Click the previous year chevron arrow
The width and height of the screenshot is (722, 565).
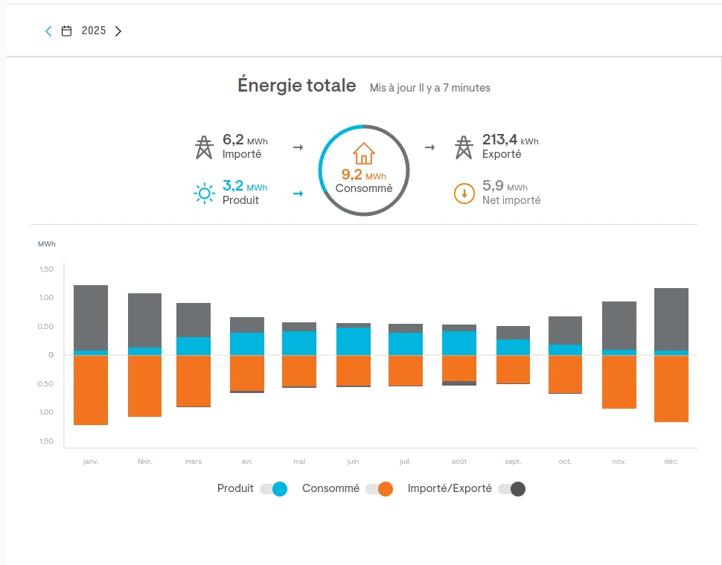tap(48, 31)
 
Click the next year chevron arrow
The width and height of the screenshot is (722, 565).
tap(118, 31)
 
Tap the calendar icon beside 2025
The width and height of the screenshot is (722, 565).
tap(67, 31)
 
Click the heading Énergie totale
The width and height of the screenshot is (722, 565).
tap(296, 86)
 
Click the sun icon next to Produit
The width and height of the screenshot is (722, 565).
tap(203, 194)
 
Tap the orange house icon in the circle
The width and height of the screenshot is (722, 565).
tap(364, 153)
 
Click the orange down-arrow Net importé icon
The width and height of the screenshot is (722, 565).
tap(464, 194)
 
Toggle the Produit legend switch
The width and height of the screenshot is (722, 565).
tap(273, 489)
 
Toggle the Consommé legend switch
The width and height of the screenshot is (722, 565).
tap(379, 489)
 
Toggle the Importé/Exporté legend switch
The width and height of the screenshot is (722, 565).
tap(512, 489)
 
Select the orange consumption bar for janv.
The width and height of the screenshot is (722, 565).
tap(91, 390)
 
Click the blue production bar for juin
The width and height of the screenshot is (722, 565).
tap(354, 341)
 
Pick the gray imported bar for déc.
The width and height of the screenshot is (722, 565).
tap(671, 319)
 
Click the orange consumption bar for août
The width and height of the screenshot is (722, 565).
tap(459, 368)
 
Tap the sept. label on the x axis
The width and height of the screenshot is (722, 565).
tap(513, 462)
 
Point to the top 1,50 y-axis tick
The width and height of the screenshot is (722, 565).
tap(46, 269)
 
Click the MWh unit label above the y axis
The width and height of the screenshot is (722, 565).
tap(46, 244)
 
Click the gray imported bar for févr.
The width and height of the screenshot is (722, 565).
tap(144, 320)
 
